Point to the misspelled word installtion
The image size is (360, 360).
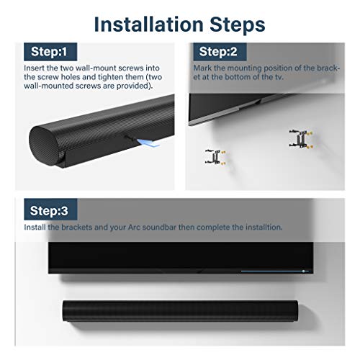tap(262, 228)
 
